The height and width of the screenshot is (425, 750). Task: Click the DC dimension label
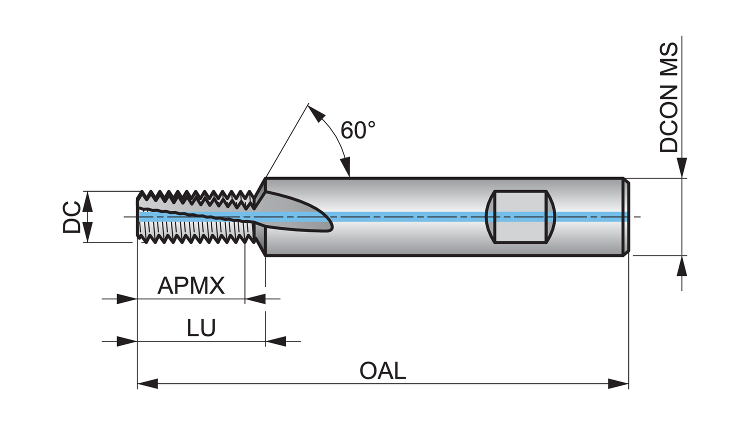pyautogui.click(x=72, y=217)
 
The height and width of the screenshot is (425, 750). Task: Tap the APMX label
pyautogui.click(x=191, y=285)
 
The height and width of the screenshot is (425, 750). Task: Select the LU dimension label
pyautogui.click(x=201, y=328)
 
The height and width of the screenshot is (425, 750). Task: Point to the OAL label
pyautogui.click(x=382, y=371)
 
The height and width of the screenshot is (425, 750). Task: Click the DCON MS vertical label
pyautogui.click(x=669, y=97)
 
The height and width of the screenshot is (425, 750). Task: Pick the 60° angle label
pyautogui.click(x=357, y=130)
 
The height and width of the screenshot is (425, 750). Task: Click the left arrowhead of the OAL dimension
pyautogui.click(x=147, y=384)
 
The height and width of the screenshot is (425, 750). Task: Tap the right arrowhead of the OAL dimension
pyautogui.click(x=618, y=384)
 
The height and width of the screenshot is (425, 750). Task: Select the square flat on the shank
pyautogui.click(x=520, y=216)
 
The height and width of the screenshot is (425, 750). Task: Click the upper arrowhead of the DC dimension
pyautogui.click(x=87, y=201)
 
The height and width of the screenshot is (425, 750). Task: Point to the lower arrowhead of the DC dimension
pyautogui.click(x=87, y=232)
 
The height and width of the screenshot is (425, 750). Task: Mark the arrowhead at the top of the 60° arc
pyautogui.click(x=315, y=114)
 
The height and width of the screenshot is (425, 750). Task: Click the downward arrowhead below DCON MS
pyautogui.click(x=682, y=167)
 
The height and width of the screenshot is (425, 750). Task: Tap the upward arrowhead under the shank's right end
pyautogui.click(x=682, y=266)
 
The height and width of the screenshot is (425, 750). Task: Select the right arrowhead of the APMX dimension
pyautogui.click(x=255, y=299)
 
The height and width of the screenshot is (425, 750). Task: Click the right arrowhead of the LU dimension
pyautogui.click(x=275, y=341)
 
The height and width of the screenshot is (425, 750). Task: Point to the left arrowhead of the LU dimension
pyautogui.click(x=127, y=341)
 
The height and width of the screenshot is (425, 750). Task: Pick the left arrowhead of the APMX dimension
pyautogui.click(x=127, y=299)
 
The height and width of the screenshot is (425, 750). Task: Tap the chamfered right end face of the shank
pyautogui.click(x=626, y=216)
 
